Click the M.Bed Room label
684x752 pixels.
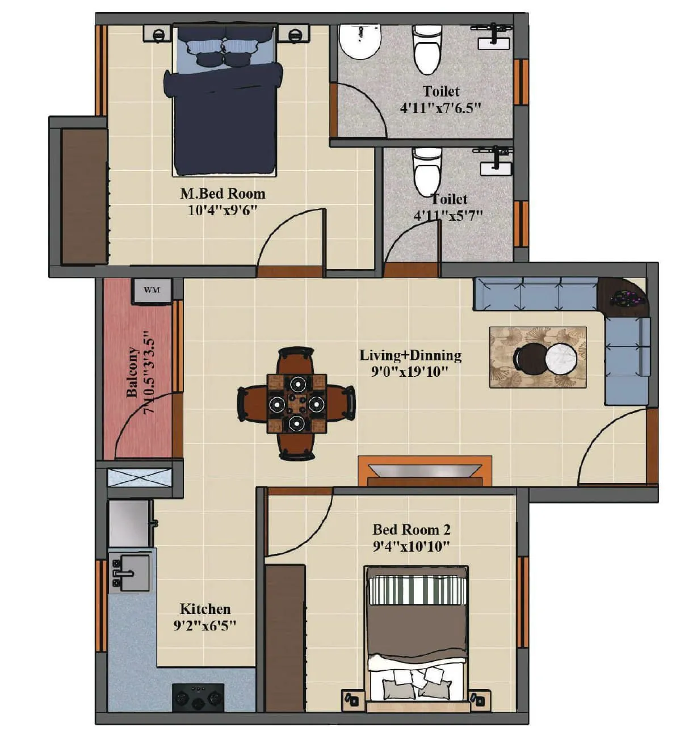click(x=223, y=194)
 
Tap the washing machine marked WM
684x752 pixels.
click(x=152, y=291)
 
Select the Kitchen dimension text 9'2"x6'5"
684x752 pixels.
click(x=204, y=626)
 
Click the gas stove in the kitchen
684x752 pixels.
click(x=198, y=698)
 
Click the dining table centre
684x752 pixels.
click(x=296, y=403)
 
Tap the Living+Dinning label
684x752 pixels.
click(x=410, y=355)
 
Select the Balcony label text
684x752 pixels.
click(x=132, y=372)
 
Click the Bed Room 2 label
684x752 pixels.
click(x=411, y=530)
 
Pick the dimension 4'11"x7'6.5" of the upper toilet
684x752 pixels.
click(x=440, y=108)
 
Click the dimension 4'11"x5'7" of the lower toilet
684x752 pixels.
click(x=448, y=216)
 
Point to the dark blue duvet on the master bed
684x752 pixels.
click(x=224, y=119)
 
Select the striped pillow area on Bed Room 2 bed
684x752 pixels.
click(x=417, y=590)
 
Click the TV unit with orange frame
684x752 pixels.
click(x=425, y=471)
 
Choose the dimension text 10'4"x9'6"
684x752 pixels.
click(x=223, y=211)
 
